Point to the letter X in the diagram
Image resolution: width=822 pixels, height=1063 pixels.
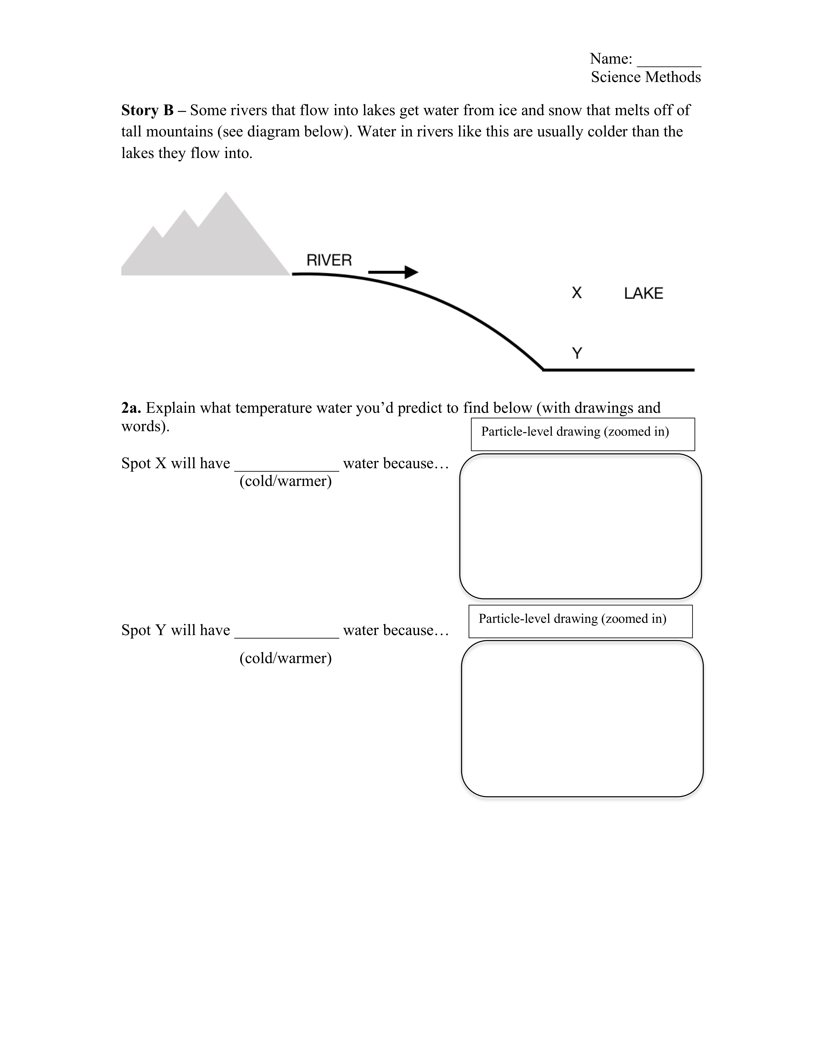click(x=577, y=293)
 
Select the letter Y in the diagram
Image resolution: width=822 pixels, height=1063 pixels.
click(x=577, y=353)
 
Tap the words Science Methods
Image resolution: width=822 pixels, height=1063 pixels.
click(x=646, y=77)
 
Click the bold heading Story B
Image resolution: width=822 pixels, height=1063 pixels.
click(x=147, y=110)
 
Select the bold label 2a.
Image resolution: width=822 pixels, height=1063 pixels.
click(x=131, y=408)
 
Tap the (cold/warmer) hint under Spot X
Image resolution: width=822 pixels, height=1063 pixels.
click(x=285, y=481)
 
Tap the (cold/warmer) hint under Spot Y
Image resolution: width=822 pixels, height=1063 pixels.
click(x=285, y=658)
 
